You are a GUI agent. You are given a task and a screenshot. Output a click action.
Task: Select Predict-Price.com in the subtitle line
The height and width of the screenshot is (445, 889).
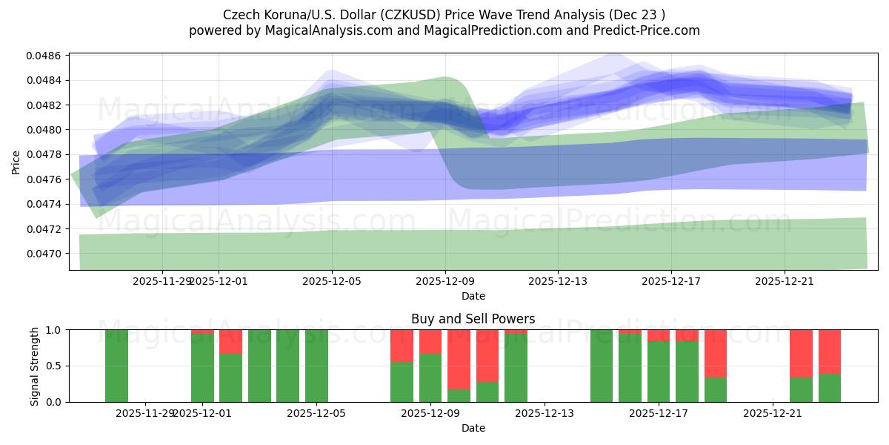click(647, 30)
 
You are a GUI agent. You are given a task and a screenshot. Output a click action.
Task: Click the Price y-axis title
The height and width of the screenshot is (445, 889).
click(16, 162)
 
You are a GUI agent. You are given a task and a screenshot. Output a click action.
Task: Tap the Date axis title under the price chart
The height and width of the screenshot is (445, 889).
click(473, 296)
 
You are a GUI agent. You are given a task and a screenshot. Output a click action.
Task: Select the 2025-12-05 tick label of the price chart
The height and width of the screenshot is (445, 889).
click(332, 281)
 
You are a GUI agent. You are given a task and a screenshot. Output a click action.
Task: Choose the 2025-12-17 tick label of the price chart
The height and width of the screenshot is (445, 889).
click(670, 281)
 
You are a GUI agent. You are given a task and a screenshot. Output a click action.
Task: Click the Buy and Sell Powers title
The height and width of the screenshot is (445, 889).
click(473, 319)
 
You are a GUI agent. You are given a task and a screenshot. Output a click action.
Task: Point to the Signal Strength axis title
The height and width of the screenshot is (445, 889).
click(35, 366)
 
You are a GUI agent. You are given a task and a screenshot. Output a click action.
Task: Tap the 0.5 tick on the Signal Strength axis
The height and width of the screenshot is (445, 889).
click(54, 366)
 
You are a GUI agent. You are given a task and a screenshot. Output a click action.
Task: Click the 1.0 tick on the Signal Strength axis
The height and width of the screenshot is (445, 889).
click(54, 330)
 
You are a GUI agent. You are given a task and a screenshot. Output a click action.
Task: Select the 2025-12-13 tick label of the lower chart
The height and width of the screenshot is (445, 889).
click(544, 413)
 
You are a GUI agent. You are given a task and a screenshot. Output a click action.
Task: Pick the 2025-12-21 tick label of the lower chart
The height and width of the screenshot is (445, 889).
click(773, 413)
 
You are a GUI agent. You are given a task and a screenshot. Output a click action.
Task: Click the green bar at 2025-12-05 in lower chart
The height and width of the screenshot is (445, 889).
click(316, 366)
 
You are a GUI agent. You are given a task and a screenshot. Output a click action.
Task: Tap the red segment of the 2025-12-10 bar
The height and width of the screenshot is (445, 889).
click(487, 355)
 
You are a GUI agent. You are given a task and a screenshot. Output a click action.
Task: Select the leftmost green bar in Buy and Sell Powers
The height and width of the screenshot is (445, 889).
click(116, 366)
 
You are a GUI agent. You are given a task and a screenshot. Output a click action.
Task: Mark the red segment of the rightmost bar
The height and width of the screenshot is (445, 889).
click(829, 351)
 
